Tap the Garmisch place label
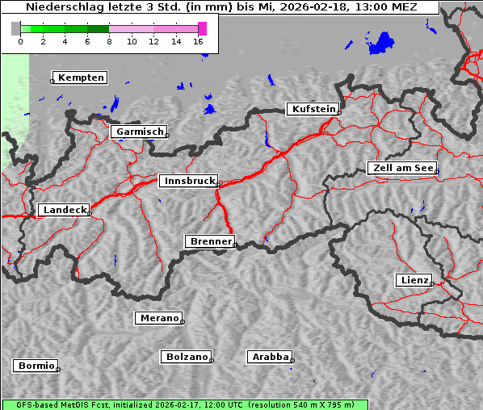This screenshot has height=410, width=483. pos(140,132)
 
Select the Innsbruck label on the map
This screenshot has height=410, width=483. pos(187,182)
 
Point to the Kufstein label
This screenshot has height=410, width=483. pos(313,109)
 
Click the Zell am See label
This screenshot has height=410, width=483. pos(403,168)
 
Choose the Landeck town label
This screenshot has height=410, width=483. pos(64,210)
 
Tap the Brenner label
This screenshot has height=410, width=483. pos(210,241)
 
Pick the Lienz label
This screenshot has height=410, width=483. pos(414,280)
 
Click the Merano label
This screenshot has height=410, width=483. pos(158,319)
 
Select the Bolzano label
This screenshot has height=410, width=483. pos(187,357)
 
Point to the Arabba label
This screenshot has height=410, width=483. pos(270,357)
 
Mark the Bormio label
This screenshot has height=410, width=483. pos(36,366)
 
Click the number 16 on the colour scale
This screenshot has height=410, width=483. pos(199,41)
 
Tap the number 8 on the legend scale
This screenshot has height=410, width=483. pos(109,41)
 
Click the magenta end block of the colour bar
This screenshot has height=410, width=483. pos(202,28)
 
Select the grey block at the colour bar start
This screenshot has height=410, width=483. pos(16,28)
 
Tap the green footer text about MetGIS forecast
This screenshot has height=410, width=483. pos(184,404)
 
